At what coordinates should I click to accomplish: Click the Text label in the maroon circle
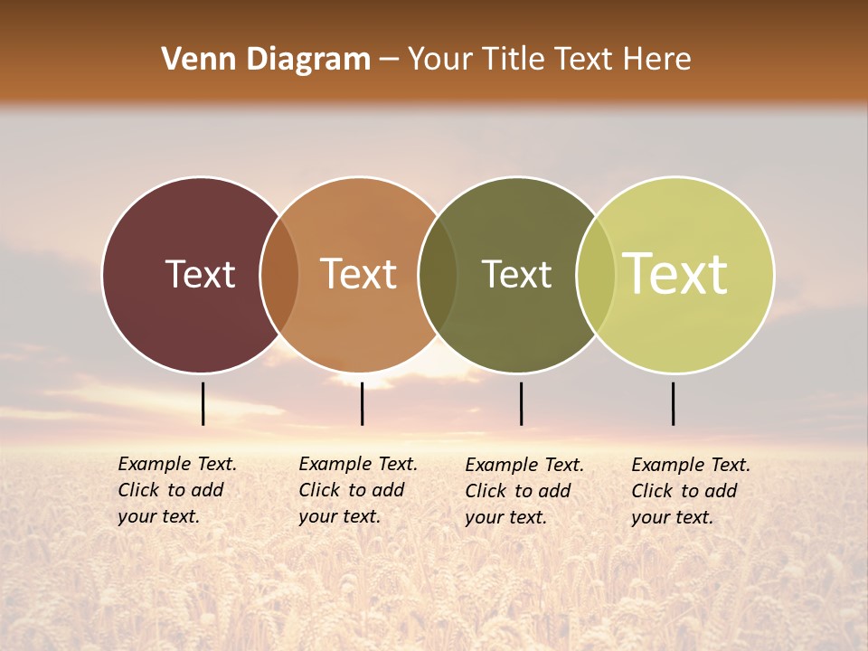coord(200,274)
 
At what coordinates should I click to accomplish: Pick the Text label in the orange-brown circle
coord(359,274)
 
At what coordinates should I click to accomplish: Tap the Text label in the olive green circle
coord(516,274)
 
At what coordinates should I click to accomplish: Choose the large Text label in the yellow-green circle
coord(675,274)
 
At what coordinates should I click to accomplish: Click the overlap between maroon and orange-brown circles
coord(279,275)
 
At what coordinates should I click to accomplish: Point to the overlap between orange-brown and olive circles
coord(438,275)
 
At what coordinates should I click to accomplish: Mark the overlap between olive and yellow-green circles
coord(596,275)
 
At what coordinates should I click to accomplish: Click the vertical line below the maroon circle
coord(203,403)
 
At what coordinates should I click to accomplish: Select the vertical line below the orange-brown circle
coord(362,403)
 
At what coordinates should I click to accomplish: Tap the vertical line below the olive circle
coord(521,403)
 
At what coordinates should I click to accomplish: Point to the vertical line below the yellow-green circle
coord(673,403)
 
